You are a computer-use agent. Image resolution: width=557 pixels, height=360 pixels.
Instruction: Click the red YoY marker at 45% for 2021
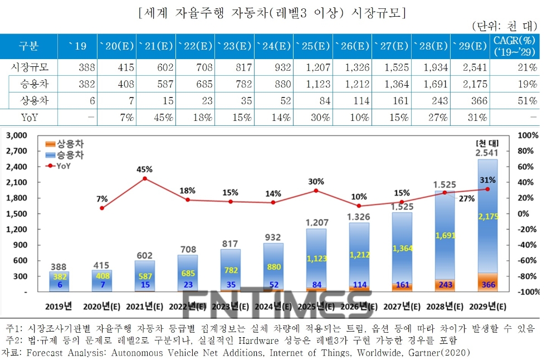pyautogui.click(x=145, y=178)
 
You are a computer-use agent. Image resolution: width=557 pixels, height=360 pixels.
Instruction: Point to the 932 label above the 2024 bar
pyautogui.click(x=273, y=237)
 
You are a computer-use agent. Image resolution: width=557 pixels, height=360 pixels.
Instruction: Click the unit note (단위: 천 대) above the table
pyautogui.click(x=504, y=26)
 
